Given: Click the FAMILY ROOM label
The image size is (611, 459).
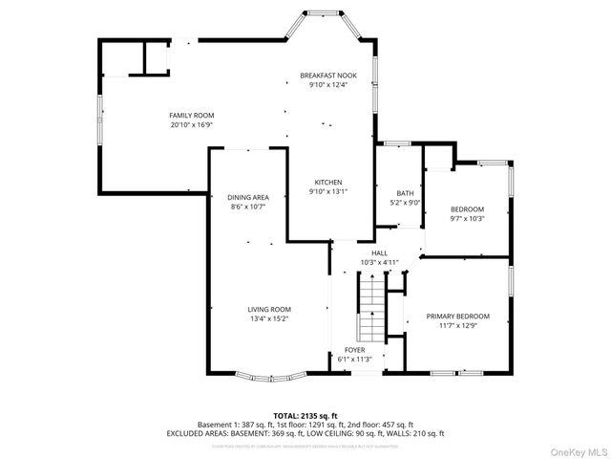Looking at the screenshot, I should tap(191, 115).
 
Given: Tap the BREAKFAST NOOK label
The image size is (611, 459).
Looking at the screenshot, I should tap(327, 75).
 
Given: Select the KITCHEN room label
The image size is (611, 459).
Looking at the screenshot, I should tap(328, 182).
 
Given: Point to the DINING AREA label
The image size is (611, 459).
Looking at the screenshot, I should tap(248, 197).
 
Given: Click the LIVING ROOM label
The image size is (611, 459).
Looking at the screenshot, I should tap(269, 309).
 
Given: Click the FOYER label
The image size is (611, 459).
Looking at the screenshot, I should tap(354, 350).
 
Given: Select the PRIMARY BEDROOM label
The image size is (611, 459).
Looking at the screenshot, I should tap(457, 317).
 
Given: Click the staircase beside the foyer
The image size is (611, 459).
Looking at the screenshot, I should tap(369, 307).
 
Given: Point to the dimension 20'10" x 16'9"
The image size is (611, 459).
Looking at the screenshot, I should tap(191, 124).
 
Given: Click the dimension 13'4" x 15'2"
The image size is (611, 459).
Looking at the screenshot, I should tap(269, 318).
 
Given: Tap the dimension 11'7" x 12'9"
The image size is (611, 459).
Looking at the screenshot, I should tap(457, 326).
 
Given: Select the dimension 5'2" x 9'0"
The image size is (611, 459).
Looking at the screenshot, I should tap(406, 203).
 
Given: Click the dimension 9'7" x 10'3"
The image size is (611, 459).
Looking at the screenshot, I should tap(467, 219).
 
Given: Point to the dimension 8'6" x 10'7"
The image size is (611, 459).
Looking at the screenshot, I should tap(248, 207).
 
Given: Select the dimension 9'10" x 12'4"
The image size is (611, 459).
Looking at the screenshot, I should tap(327, 84).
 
